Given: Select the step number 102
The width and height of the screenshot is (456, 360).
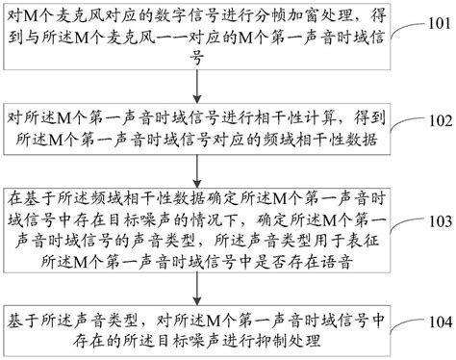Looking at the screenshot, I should (x=436, y=121).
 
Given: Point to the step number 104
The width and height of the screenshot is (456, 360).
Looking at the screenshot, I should (x=436, y=321).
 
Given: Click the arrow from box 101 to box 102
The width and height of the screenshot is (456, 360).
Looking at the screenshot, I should (x=198, y=84).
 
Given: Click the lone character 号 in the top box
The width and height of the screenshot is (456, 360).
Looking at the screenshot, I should (x=198, y=59).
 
